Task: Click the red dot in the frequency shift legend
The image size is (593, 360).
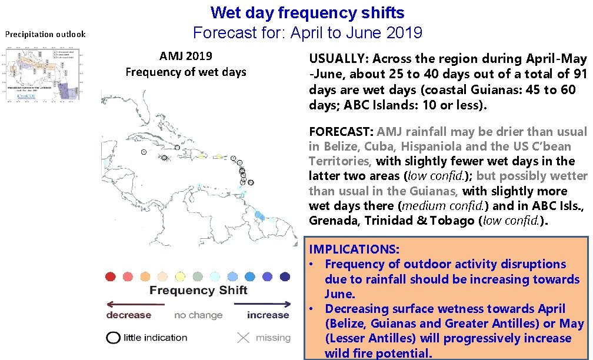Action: point(110,276)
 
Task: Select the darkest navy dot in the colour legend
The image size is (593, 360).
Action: point(285,276)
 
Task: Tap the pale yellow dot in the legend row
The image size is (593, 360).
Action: point(180,276)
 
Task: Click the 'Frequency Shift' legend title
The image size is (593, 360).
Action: point(198,290)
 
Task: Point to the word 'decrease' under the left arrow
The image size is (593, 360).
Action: point(128,315)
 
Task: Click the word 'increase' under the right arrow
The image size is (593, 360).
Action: point(268,315)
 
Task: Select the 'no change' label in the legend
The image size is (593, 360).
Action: point(198,315)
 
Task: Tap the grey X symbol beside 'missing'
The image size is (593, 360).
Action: point(244,338)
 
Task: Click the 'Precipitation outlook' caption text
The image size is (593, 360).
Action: point(45,34)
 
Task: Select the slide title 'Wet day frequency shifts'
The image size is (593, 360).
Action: point(307,12)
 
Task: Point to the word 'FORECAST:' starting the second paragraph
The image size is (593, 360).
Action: point(341,132)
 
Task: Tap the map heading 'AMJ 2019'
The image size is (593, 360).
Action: point(185,56)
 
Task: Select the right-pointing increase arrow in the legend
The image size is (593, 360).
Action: point(262,304)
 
